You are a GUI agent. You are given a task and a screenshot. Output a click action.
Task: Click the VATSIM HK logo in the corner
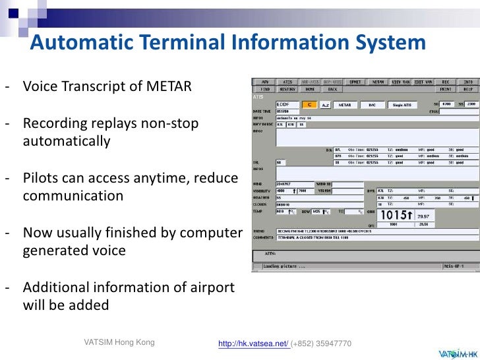pyautogui.click(x=454, y=351)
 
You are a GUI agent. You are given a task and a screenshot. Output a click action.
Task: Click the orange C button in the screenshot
pyautogui.click(x=309, y=104)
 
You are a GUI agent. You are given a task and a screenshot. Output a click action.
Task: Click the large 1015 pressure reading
pyautogui.click(x=398, y=216)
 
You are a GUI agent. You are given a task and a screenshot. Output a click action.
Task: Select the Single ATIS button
pyautogui.click(x=402, y=104)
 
